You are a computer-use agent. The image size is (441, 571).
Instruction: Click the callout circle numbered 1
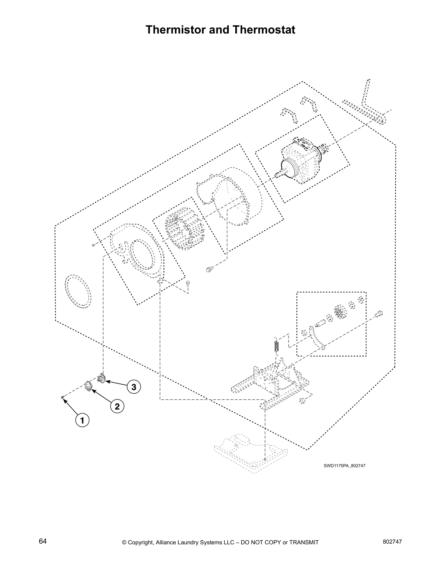tap(82, 420)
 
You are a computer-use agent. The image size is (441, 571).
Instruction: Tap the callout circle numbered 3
tap(134, 387)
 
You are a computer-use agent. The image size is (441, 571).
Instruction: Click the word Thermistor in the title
tap(175, 30)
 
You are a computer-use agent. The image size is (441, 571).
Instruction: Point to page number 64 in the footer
tap(43, 541)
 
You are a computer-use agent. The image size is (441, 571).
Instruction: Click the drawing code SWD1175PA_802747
tap(344, 465)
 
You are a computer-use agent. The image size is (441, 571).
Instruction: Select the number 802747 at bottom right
tap(392, 542)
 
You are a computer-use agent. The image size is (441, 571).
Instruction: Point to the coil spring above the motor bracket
tap(276, 346)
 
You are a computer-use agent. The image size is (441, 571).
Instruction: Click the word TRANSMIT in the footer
tap(302, 543)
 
